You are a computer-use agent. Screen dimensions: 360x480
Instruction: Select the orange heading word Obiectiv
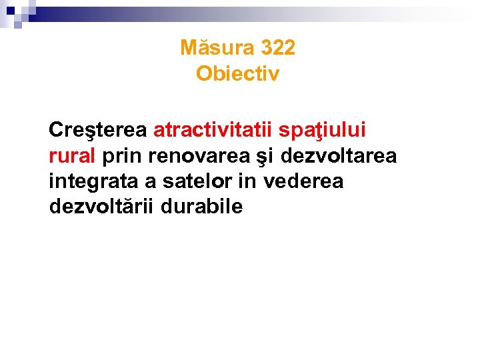(x=238, y=73)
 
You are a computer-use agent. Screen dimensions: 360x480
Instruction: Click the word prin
(x=123, y=156)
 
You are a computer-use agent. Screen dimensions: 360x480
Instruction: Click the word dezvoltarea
(x=339, y=155)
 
